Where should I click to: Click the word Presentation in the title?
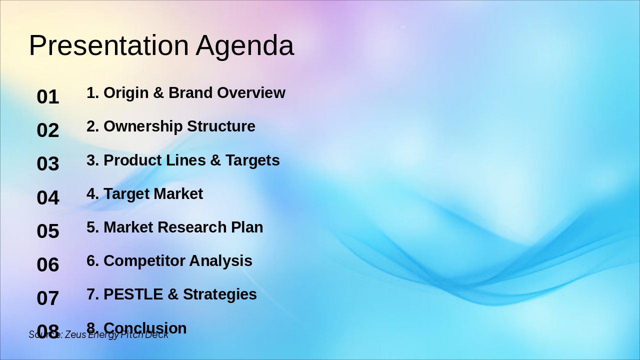coord(108,45)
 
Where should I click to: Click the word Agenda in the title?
coord(244,45)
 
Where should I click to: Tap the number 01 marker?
coord(48,96)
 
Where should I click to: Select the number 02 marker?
coord(48,130)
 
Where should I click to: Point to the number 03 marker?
coord(48,164)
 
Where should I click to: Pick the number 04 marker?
coord(48,197)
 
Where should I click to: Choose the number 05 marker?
coord(48,231)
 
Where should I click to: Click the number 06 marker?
coord(48,264)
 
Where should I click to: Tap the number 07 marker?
coord(48,298)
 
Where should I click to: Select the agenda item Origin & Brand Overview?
coord(185,93)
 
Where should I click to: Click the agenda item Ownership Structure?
coord(170,126)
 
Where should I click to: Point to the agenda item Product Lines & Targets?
coord(183,160)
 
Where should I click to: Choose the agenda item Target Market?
coord(144,194)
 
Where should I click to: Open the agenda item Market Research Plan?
coord(174,227)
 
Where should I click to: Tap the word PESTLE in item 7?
coord(133,294)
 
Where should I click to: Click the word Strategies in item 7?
coord(219,294)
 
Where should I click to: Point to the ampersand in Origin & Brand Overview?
coord(158,93)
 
